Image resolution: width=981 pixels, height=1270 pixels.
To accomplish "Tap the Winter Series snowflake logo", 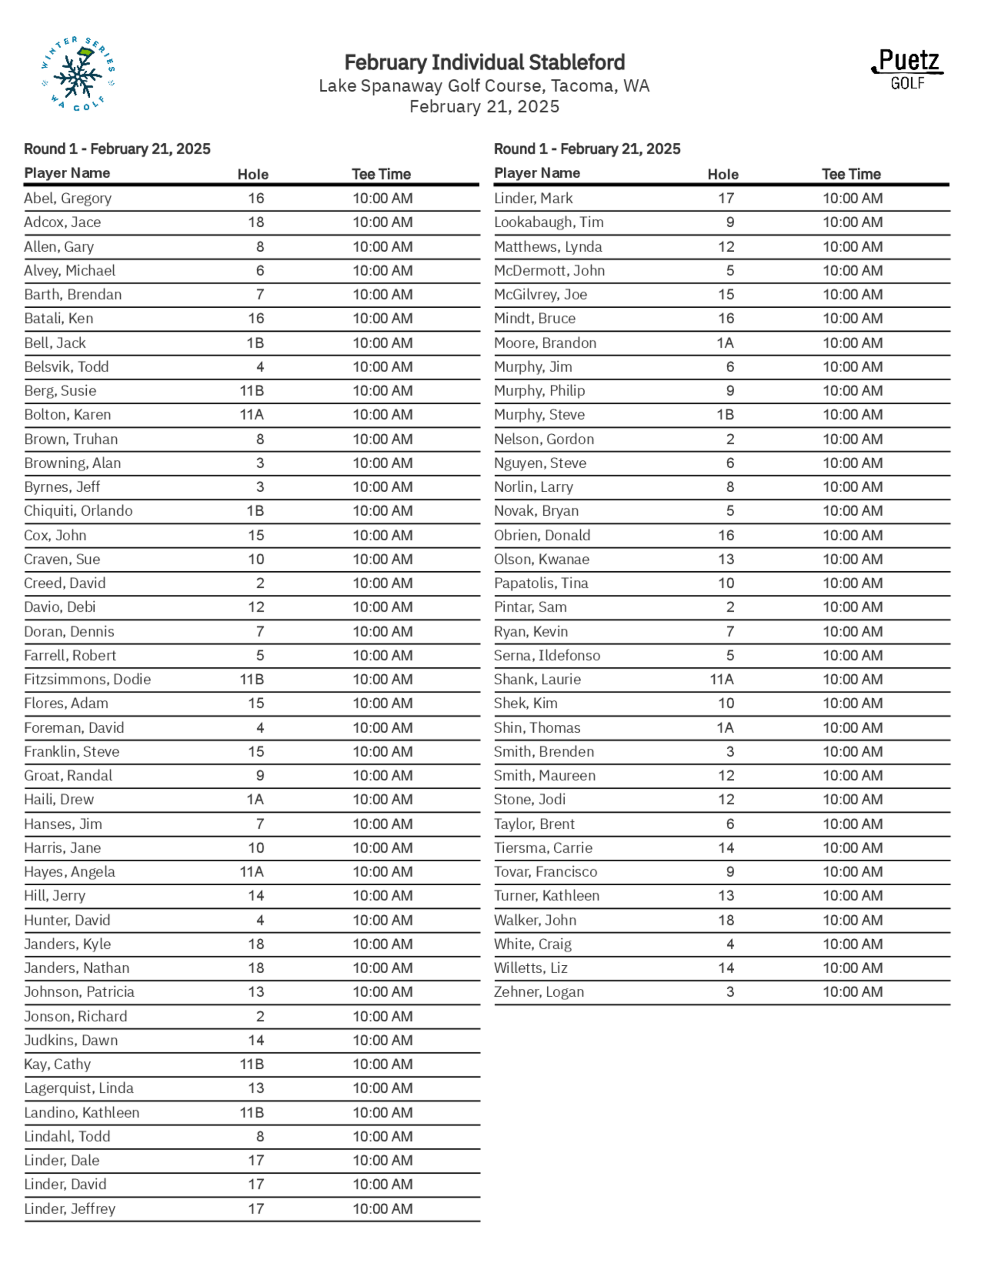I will (x=78, y=74).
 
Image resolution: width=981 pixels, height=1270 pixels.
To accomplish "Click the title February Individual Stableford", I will (x=484, y=62).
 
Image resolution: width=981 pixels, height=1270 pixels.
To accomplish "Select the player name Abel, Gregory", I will (x=67, y=198).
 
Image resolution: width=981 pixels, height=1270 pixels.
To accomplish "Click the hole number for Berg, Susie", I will (x=252, y=391).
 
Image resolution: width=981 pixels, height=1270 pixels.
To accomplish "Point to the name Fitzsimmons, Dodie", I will (x=87, y=679).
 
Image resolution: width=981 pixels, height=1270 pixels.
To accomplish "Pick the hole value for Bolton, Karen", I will (x=252, y=415).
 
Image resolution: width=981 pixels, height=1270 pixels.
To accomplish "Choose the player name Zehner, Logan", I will (x=539, y=992).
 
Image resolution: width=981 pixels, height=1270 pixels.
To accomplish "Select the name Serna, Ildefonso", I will (x=547, y=655).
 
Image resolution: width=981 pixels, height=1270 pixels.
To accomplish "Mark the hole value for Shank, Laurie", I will (x=722, y=679).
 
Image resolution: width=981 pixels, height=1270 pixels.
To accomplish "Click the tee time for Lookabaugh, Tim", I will (x=852, y=222).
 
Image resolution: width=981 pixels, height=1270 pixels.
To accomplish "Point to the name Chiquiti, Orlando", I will (x=78, y=510).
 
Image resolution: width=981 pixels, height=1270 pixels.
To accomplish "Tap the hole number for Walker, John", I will (x=726, y=920).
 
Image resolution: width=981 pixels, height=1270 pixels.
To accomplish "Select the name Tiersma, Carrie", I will (x=543, y=848).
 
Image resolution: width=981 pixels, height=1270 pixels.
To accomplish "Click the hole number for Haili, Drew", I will (x=255, y=799).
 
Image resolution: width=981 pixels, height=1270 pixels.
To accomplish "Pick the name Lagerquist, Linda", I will (x=78, y=1088).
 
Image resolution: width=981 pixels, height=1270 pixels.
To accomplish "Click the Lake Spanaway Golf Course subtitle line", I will (x=484, y=86).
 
